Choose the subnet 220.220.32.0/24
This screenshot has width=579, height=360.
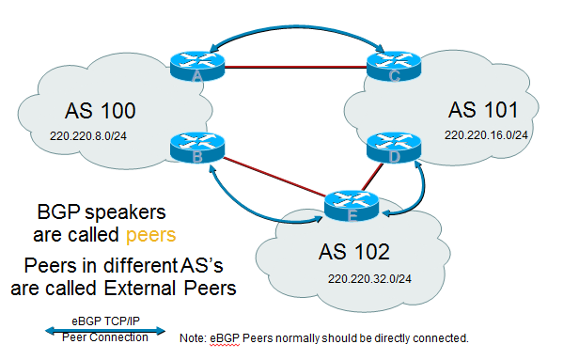point(371,279)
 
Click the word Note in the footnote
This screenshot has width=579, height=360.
point(193,337)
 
